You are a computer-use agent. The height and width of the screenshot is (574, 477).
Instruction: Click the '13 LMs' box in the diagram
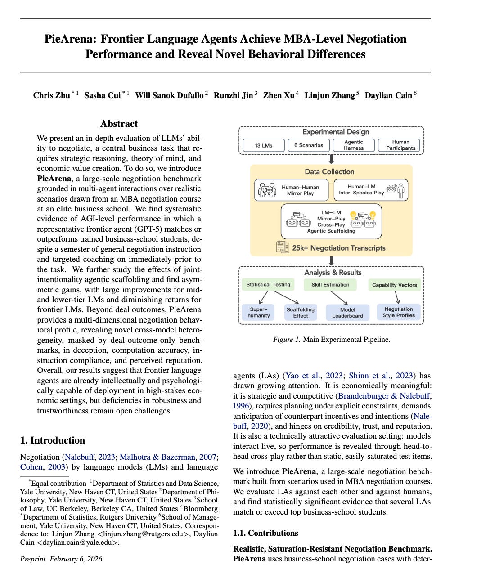click(264, 145)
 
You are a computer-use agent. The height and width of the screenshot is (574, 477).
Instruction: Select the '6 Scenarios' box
click(309, 145)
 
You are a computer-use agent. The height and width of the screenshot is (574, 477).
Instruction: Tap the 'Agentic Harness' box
click(354, 145)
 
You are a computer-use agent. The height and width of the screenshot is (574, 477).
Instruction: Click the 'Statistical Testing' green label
click(268, 284)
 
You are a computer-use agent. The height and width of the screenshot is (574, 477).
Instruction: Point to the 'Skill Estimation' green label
click(330, 284)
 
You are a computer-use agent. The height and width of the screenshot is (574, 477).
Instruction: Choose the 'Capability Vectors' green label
click(394, 285)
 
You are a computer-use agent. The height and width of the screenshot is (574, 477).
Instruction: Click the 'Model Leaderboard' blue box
click(347, 313)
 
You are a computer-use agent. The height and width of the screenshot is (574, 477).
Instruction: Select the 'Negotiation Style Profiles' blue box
click(398, 312)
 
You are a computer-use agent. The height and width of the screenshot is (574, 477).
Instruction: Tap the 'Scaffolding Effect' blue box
click(301, 313)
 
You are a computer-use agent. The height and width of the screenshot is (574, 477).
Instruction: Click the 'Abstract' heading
click(119, 124)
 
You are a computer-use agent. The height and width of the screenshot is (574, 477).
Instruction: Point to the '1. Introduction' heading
click(53, 440)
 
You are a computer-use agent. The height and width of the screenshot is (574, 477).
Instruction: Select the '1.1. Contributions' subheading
click(265, 533)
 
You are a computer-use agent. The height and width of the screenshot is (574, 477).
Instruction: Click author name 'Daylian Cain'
click(388, 95)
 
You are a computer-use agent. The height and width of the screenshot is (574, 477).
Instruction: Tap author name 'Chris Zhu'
click(52, 95)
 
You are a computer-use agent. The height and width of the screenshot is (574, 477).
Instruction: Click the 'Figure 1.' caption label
click(286, 340)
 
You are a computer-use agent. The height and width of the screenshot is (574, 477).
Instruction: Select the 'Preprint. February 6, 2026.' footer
click(62, 559)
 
